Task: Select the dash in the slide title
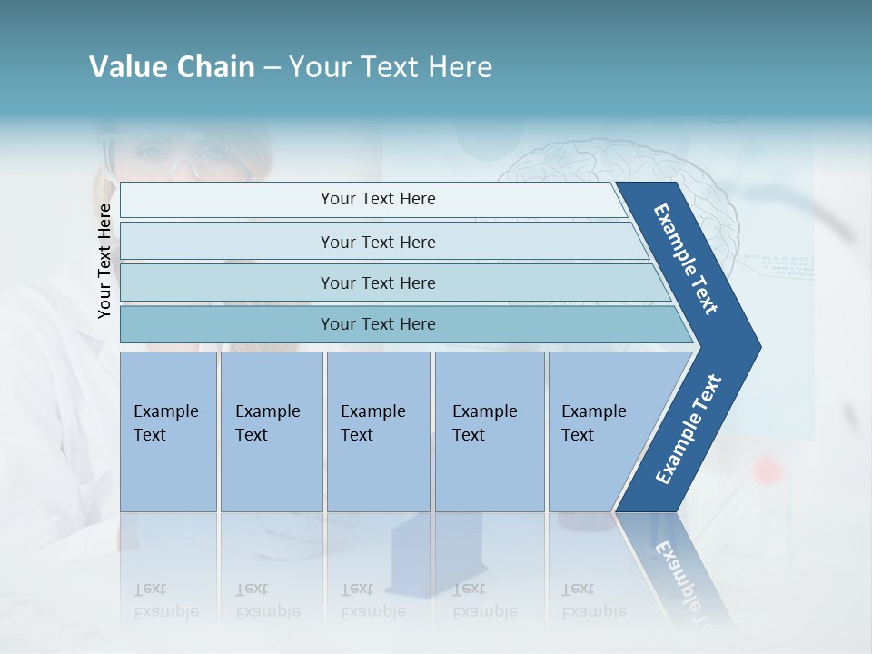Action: [x=272, y=68]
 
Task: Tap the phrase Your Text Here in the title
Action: [x=391, y=67]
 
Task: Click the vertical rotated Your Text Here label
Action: [x=104, y=262]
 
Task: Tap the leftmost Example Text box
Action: [x=168, y=431]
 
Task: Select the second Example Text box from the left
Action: [x=272, y=431]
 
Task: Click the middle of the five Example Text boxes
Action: [x=378, y=431]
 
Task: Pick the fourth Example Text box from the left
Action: [x=490, y=431]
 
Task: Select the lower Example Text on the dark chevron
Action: [x=689, y=429]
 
